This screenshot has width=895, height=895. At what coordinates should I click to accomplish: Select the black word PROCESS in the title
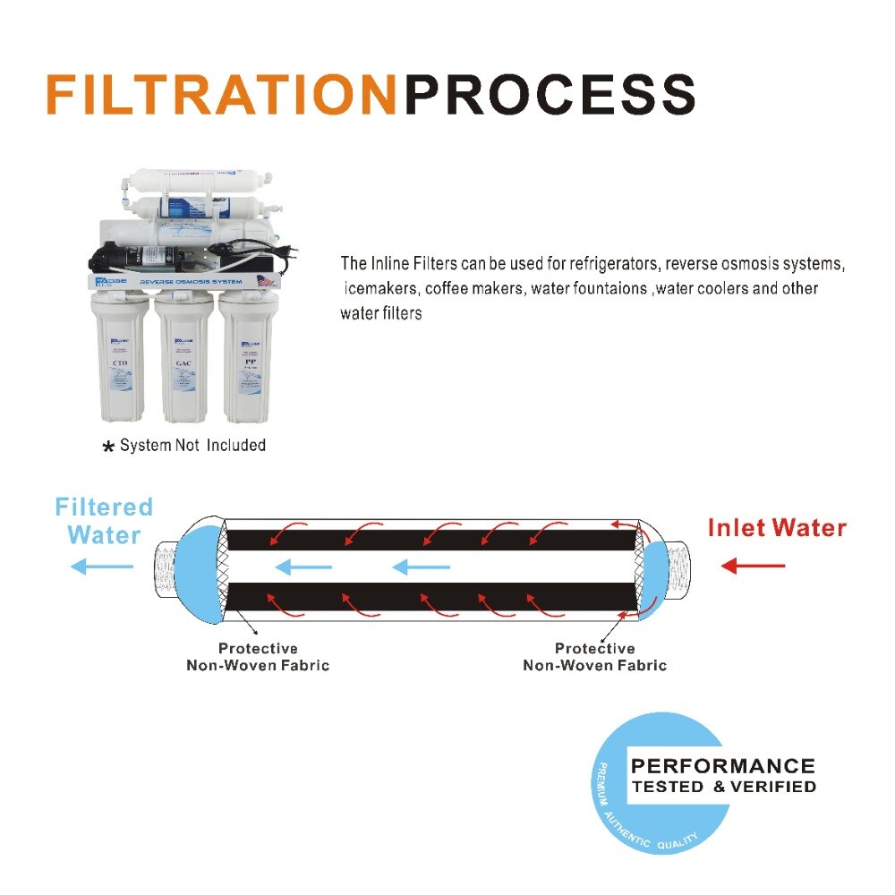tap(550, 94)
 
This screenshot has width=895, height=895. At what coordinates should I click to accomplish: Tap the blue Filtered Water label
tap(104, 521)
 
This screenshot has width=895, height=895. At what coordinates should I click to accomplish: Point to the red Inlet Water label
tap(777, 527)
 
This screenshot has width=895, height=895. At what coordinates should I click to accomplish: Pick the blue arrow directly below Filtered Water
tap(102, 566)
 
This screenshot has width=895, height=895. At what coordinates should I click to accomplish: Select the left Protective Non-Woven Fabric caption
tap(258, 657)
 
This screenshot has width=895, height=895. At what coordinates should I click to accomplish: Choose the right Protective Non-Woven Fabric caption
tap(594, 657)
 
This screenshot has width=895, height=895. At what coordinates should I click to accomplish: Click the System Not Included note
tap(192, 445)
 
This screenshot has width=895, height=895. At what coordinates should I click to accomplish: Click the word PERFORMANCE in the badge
tap(723, 766)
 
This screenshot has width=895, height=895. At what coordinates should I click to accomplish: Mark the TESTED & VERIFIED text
tap(723, 788)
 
